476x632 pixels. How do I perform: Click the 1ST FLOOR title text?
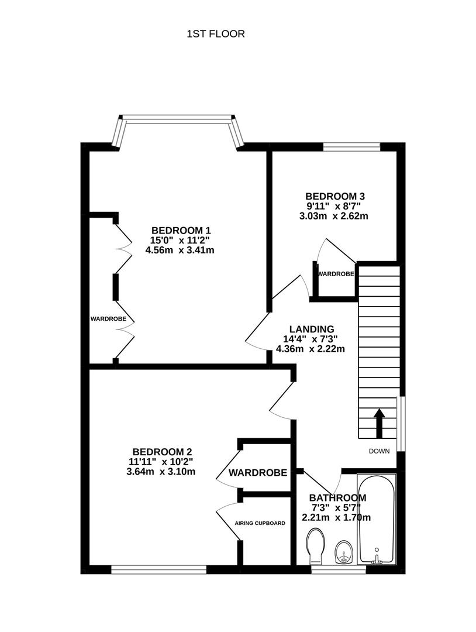(x=215, y=34)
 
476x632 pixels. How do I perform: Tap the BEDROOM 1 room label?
(x=181, y=230)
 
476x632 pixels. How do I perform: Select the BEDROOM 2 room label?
(x=162, y=452)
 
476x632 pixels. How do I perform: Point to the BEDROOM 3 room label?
(x=335, y=196)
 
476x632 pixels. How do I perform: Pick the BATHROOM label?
(x=337, y=498)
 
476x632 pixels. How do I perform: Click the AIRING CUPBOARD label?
(x=260, y=523)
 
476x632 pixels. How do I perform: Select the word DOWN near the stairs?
(x=380, y=451)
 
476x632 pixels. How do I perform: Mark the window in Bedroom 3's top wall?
(x=352, y=146)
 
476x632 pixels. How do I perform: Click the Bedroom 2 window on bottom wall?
(x=158, y=569)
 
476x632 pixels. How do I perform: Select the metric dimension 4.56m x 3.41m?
(x=181, y=250)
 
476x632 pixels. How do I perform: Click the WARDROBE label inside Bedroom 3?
(x=336, y=274)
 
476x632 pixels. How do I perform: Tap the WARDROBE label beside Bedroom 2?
(x=258, y=472)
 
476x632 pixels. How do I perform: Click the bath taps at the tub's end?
(x=377, y=560)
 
